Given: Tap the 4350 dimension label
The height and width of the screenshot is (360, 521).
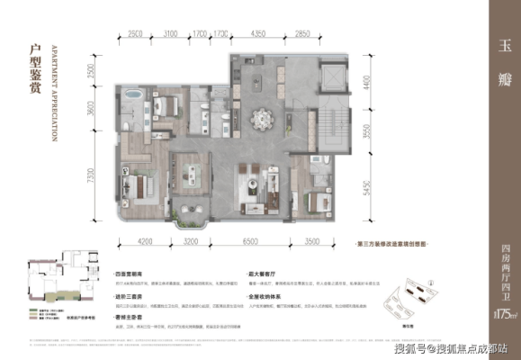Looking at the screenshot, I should pos(258,33).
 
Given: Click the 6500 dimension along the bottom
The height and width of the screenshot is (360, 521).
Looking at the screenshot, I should pos(250,242).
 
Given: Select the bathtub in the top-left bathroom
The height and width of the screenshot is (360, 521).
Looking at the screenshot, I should pos(134,94).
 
